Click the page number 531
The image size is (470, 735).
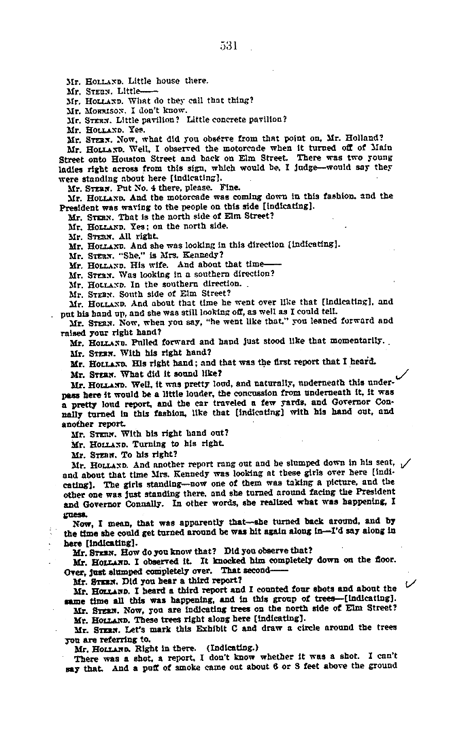pyautogui.click(x=228, y=46)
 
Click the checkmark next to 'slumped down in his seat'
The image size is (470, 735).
pyautogui.click(x=406, y=463)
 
